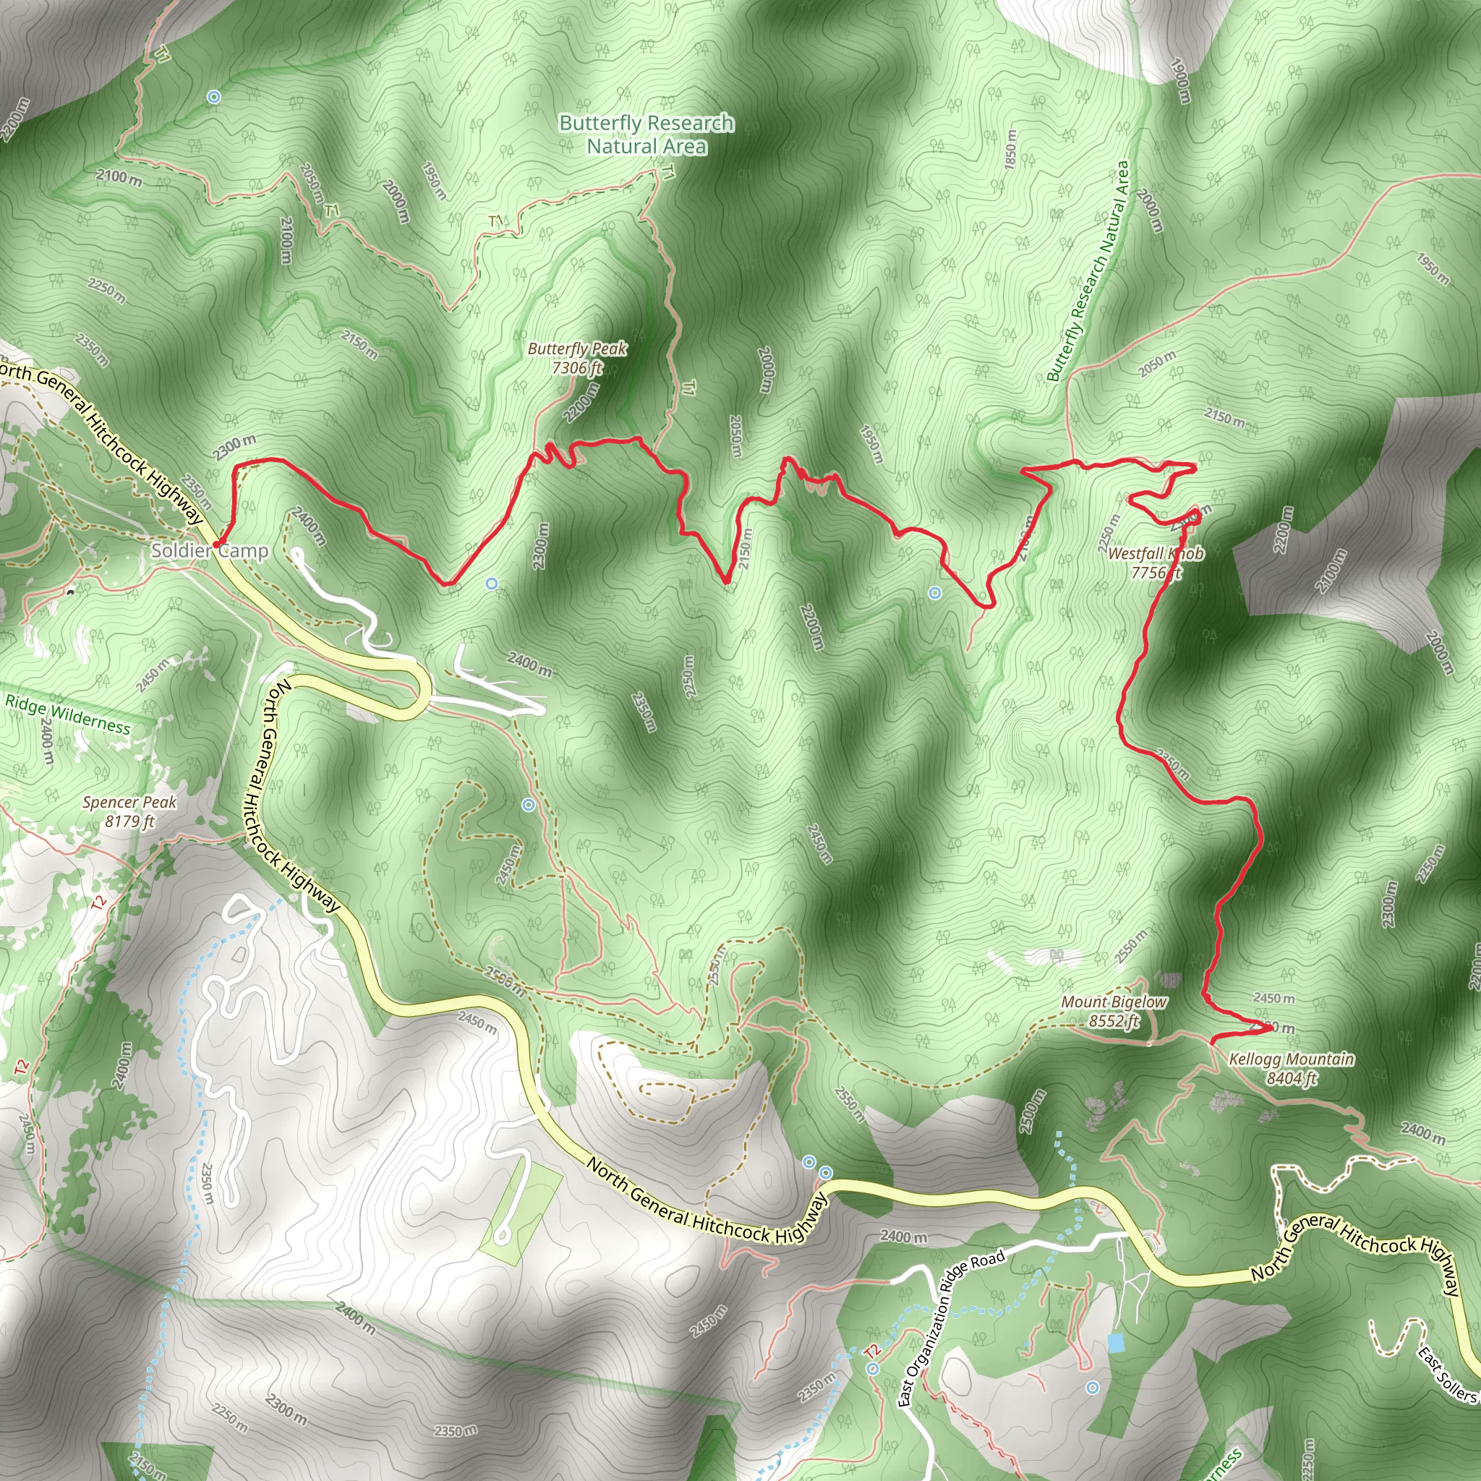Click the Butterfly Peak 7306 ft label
[577, 358]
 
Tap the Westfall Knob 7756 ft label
[1155, 563]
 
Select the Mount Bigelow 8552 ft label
[1114, 1011]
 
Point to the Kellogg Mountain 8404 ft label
[1291, 1069]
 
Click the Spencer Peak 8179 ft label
[129, 812]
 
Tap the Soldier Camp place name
[209, 550]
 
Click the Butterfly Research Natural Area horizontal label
[646, 135]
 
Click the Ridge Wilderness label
[67, 714]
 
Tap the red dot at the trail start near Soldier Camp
[217, 545]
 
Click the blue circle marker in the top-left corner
[214, 97]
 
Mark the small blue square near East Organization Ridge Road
[1116, 1343]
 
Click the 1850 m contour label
[1010, 150]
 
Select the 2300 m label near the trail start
[234, 447]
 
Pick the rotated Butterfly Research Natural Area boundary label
[1088, 271]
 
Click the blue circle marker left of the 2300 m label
[492, 584]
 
